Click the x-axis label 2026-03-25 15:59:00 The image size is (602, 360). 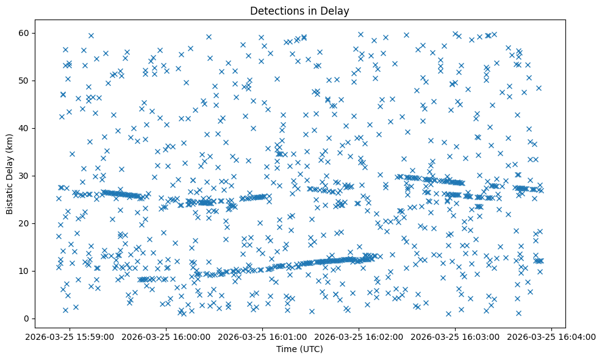coord(71,336)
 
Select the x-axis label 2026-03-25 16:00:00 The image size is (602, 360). coord(167,336)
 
